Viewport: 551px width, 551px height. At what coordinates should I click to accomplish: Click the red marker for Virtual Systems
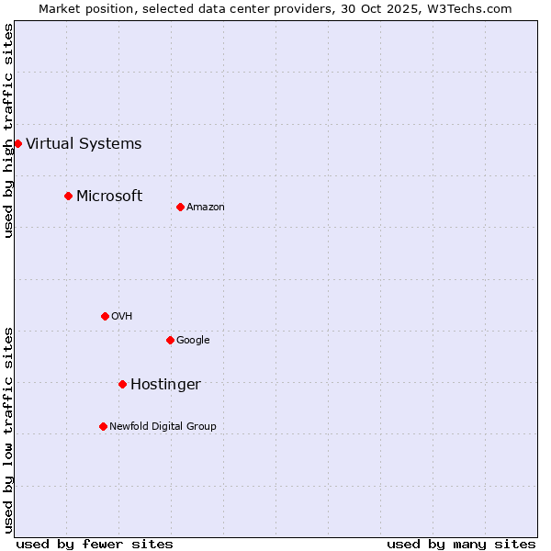point(17,143)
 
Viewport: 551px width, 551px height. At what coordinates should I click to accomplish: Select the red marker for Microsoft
point(68,196)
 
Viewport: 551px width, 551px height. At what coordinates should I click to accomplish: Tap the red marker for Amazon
point(180,207)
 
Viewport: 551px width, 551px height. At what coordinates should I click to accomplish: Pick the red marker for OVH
point(105,316)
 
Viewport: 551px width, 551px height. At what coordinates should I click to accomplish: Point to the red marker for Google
point(170,340)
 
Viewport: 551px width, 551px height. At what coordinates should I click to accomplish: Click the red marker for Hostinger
point(122,384)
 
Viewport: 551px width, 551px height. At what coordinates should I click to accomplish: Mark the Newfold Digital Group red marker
point(103,426)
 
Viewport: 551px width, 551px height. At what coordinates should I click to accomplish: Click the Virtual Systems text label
point(84,143)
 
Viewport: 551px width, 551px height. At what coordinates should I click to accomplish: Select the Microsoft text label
point(109,196)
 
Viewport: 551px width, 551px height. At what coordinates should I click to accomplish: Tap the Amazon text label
point(206,207)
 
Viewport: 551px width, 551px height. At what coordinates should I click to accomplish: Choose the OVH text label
point(122,316)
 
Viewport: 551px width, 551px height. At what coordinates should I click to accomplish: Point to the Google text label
point(193,340)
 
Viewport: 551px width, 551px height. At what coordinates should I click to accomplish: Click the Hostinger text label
point(165,384)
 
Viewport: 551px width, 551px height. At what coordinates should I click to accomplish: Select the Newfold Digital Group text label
point(163,426)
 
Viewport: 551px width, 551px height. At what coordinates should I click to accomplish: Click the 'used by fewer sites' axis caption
point(95,544)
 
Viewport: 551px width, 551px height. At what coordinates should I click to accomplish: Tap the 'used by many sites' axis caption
point(461,544)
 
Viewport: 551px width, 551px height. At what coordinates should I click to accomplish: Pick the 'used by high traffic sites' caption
point(9,130)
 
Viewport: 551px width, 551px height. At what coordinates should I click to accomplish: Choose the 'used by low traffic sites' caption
point(9,430)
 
